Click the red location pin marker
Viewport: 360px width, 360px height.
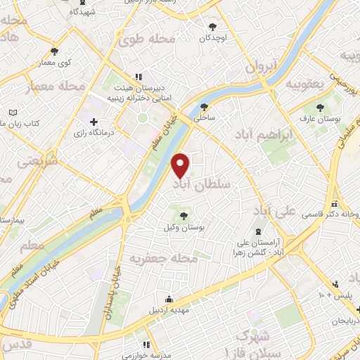(x=181, y=165)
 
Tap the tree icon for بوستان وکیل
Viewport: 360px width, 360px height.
(x=184, y=216)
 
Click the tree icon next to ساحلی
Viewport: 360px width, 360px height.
(x=204, y=107)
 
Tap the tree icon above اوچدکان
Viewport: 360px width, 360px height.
(x=212, y=27)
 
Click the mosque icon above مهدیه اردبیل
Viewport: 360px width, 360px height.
(x=167, y=297)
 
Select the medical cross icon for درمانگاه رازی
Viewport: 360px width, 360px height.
(x=94, y=122)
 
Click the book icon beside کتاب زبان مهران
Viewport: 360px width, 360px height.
(x=13, y=112)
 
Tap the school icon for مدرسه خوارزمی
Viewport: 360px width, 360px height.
(x=146, y=345)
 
